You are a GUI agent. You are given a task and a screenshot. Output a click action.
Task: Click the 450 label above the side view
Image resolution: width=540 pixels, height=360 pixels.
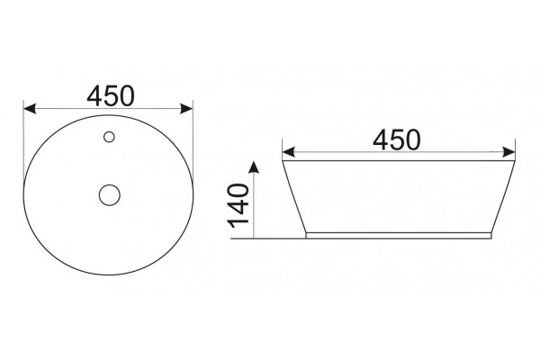point(396,139)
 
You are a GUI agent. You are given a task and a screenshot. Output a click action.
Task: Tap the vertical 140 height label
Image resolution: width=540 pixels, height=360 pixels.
point(238,206)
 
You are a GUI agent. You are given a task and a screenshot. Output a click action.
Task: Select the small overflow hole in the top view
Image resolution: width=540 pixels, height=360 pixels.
point(109,137)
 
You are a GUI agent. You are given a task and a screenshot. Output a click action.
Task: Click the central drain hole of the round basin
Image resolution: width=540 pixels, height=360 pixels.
point(110,195)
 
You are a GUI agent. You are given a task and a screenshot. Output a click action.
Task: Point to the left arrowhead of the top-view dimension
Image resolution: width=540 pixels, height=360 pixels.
point(30,109)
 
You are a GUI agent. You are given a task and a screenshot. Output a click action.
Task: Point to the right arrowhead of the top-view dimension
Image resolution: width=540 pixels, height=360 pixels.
point(186,109)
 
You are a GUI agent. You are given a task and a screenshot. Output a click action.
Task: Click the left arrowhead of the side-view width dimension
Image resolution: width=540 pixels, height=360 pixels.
point(289,152)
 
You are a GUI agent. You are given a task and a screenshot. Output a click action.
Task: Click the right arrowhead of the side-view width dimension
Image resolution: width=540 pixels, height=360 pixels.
point(508,152)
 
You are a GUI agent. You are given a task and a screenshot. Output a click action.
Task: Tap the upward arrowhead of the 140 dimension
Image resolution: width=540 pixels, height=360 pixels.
point(254,166)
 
